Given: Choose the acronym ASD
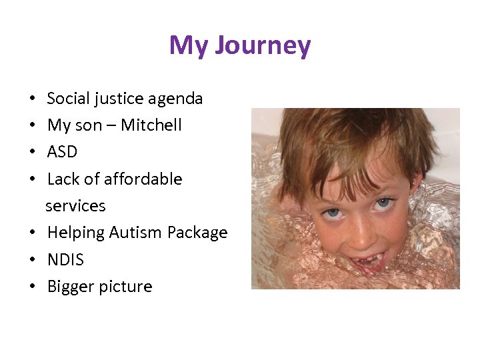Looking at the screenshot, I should click(x=62, y=152).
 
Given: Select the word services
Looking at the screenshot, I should click(x=75, y=206).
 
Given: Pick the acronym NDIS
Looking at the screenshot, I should click(x=65, y=260).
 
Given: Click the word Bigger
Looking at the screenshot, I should click(x=71, y=287).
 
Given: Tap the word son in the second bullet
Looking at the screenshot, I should click(x=87, y=126).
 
